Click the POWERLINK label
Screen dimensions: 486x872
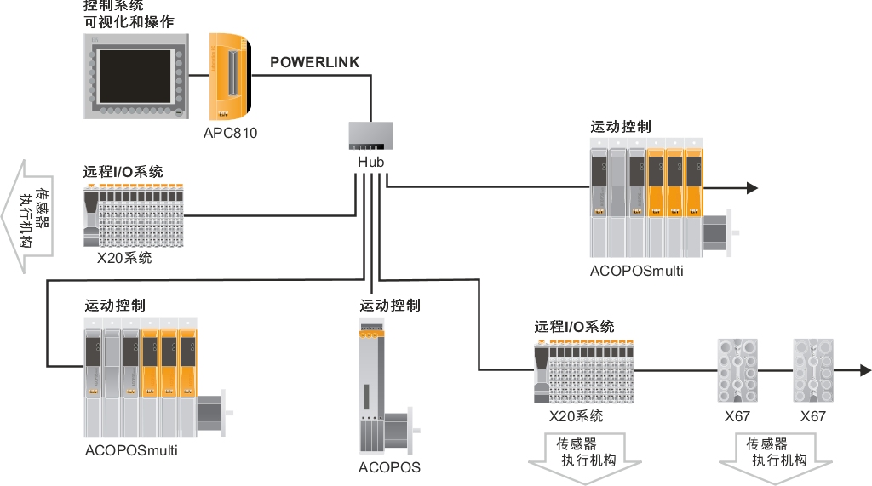314,63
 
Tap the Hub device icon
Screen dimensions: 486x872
371,137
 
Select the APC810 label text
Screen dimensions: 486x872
230,133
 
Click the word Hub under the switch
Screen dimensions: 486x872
371,162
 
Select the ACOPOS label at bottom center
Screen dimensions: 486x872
389,467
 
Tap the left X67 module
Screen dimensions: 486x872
737,372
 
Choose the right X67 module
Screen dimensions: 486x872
812,372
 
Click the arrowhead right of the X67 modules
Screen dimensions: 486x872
865,370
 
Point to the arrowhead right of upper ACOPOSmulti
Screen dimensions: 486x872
751,188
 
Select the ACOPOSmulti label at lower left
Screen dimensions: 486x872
131,450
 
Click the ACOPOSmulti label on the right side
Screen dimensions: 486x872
636,272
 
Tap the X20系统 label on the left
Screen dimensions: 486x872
124,257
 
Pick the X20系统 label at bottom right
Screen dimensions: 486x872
576,416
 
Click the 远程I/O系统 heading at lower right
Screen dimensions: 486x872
574,327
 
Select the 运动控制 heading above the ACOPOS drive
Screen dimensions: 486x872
389,306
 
